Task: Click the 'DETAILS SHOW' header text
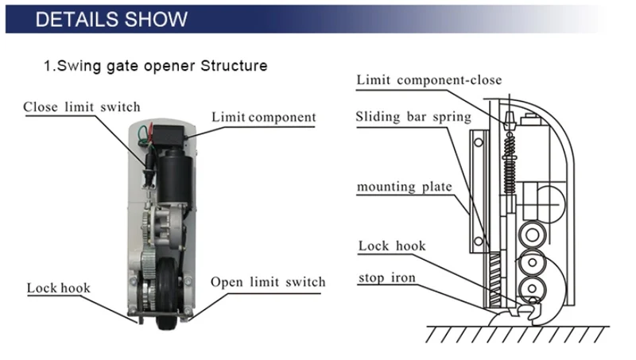click(x=111, y=19)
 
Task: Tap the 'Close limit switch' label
click(x=81, y=107)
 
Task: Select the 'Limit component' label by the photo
click(x=263, y=118)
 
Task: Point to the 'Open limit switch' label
click(x=268, y=282)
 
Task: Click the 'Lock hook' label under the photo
click(x=59, y=288)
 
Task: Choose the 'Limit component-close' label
click(x=429, y=79)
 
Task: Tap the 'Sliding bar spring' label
click(x=413, y=117)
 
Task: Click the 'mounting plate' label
click(x=404, y=187)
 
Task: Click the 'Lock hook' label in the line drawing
click(x=392, y=246)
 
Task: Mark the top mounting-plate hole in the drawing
click(x=479, y=142)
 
